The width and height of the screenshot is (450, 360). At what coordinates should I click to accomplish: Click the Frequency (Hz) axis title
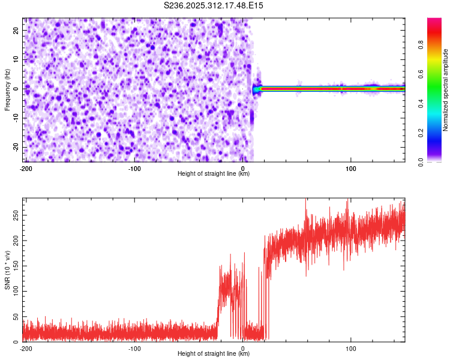point(7,89)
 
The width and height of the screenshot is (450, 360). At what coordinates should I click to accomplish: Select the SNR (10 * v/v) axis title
point(7,270)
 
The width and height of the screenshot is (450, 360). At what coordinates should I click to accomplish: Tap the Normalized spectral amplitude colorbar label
point(445,91)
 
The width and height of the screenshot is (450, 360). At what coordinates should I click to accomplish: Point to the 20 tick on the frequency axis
point(16,30)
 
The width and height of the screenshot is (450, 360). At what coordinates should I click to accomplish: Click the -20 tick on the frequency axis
point(15,147)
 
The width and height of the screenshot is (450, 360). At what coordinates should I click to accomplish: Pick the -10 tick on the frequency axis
point(15,118)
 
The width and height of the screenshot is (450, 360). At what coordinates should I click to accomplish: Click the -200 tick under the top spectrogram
point(26,168)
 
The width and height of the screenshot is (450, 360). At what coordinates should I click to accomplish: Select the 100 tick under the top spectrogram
point(352,168)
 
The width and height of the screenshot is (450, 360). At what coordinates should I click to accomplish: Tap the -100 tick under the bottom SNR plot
point(134,348)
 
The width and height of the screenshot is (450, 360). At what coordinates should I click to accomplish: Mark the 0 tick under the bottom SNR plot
point(243,348)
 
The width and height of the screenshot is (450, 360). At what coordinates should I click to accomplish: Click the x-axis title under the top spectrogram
point(214,174)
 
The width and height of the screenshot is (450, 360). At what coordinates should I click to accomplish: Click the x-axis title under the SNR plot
point(214,354)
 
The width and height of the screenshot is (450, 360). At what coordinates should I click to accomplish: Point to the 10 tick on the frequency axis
point(16,59)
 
